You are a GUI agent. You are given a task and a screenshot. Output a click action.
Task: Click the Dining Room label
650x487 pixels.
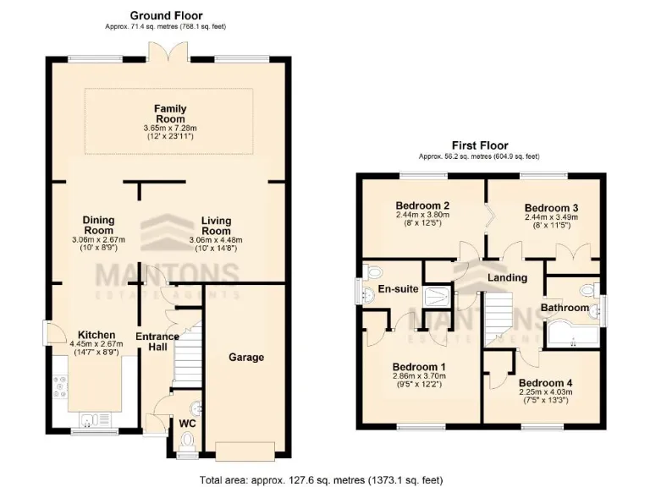tap(98, 225)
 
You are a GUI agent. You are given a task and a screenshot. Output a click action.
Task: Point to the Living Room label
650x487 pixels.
tap(216, 226)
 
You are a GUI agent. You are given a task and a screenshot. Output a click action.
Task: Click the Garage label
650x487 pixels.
tap(246, 357)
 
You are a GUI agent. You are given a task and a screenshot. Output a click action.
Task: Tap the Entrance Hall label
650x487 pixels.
tap(157, 342)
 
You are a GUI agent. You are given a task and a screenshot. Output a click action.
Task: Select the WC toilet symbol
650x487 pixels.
tap(188, 439)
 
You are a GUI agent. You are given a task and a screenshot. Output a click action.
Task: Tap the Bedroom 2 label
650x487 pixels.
tap(421, 205)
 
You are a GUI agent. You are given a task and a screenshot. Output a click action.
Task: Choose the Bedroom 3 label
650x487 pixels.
tap(551, 208)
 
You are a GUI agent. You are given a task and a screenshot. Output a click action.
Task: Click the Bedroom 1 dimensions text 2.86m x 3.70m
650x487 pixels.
tap(421, 378)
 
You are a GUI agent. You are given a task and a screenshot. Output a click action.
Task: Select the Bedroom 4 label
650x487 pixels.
tap(545, 382)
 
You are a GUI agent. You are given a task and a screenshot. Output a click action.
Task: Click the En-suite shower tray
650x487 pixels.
tap(438, 293)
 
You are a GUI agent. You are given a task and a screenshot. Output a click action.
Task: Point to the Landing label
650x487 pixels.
tap(507, 277)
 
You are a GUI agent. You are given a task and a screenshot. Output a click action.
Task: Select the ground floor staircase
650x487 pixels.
tap(188, 356)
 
